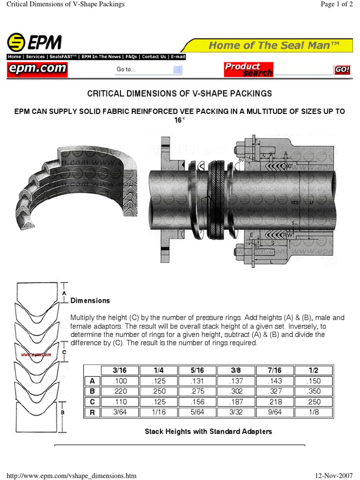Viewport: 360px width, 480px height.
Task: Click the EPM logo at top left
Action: click(x=34, y=43)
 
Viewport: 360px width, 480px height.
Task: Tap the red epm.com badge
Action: click(x=37, y=70)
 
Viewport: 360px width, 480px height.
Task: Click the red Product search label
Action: click(x=248, y=69)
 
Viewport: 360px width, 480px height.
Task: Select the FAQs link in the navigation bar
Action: click(x=131, y=57)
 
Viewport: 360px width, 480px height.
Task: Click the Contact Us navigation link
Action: click(x=154, y=57)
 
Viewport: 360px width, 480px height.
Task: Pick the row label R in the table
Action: click(x=92, y=412)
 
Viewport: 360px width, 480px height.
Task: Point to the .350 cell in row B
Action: click(x=314, y=391)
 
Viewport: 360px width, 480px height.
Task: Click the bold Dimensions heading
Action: click(x=90, y=300)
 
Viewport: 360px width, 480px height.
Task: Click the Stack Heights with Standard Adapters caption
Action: click(x=208, y=431)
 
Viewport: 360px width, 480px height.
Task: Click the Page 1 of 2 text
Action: click(x=333, y=4)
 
